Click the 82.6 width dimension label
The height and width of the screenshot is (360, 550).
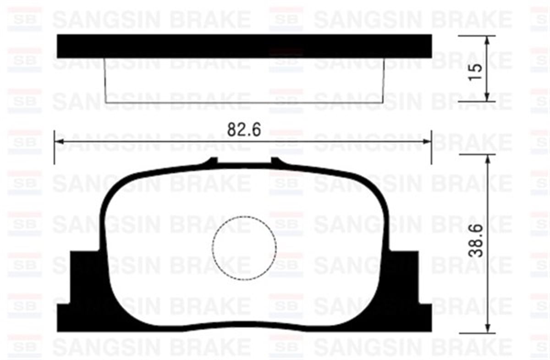click(x=244, y=130)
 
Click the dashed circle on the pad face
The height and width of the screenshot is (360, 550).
click(x=244, y=247)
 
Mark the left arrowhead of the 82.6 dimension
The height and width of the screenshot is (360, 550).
click(x=58, y=141)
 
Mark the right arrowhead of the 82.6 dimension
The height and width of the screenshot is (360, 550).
click(x=428, y=141)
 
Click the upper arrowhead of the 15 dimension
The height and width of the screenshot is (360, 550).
click(x=487, y=39)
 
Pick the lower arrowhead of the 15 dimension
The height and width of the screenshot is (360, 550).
click(x=487, y=97)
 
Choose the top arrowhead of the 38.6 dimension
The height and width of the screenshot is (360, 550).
click(x=487, y=158)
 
